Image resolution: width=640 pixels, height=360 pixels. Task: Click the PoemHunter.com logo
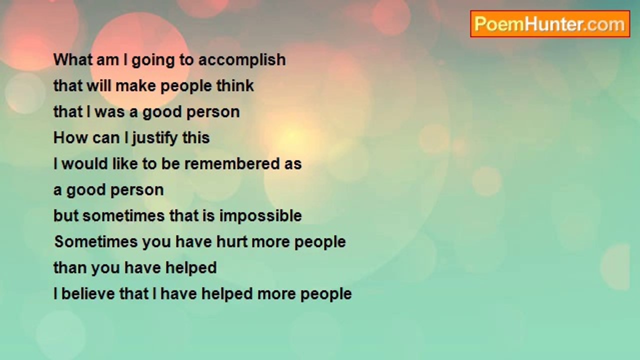pos(550,24)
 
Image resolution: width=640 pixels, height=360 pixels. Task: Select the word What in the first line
pos(72,60)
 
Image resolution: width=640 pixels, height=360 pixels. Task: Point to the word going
pos(153,61)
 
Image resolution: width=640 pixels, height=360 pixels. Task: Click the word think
pos(235,85)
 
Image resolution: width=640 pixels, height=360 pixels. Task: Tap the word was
pos(109,112)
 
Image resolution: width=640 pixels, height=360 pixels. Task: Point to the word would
pos(84,163)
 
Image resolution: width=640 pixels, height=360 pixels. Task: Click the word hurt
pos(231,241)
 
